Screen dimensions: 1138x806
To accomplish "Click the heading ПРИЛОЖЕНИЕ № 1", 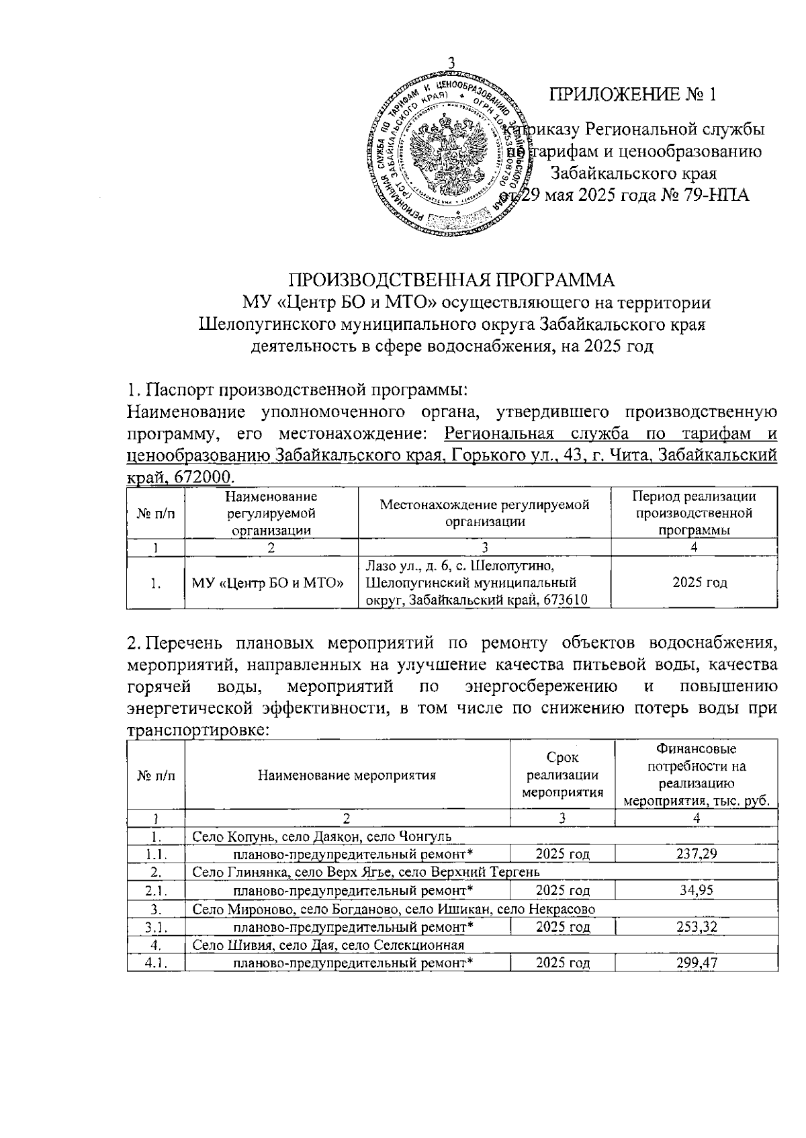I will tap(633, 94).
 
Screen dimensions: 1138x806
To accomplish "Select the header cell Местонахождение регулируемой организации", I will tap(484, 513).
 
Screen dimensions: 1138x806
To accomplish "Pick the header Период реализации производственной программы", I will tap(695, 513).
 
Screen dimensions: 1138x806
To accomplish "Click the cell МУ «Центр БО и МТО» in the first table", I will tap(271, 582).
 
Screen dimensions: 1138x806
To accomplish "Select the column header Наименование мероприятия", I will tap(347, 775).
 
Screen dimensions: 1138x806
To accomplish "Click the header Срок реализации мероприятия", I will tap(562, 775).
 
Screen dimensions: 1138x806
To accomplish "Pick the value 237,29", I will tap(696, 854).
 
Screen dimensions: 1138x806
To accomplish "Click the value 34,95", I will tap(696, 890).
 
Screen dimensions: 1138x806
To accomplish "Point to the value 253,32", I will tap(696, 927).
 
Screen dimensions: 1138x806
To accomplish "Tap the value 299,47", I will tap(696, 963).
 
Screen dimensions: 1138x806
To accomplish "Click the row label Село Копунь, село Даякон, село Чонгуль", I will tap(322, 836).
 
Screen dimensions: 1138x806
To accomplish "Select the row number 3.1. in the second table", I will tap(155, 927).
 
